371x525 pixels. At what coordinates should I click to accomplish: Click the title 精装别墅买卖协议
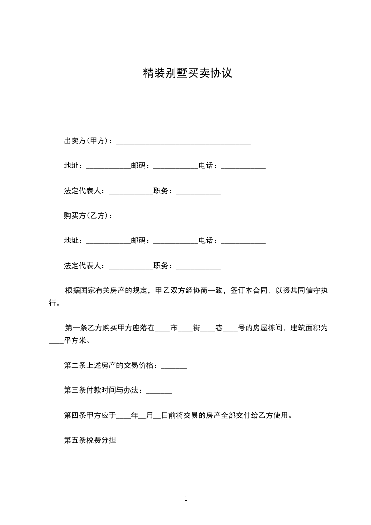187,73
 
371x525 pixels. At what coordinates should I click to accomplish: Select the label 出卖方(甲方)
87,140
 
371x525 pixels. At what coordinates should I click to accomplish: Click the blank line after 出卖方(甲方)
183,142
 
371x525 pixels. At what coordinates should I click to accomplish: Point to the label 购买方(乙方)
87,216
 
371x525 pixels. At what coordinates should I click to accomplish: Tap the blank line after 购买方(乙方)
183,217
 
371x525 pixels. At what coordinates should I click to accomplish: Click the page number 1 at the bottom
186,498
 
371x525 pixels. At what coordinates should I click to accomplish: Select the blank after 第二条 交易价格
174,368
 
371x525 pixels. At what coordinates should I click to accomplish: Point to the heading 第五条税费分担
90,440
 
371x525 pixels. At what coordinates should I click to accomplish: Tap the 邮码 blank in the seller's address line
175,167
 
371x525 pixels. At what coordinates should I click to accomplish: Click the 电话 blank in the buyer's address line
243,242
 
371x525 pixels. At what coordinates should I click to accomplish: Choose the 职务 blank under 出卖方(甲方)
198,192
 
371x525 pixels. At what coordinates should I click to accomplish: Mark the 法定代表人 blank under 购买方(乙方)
131,268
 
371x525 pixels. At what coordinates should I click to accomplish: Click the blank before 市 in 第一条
162,329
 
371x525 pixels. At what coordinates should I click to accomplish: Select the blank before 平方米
56,343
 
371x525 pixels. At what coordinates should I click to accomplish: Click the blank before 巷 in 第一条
207,329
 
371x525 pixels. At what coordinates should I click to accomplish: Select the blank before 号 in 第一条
230,329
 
